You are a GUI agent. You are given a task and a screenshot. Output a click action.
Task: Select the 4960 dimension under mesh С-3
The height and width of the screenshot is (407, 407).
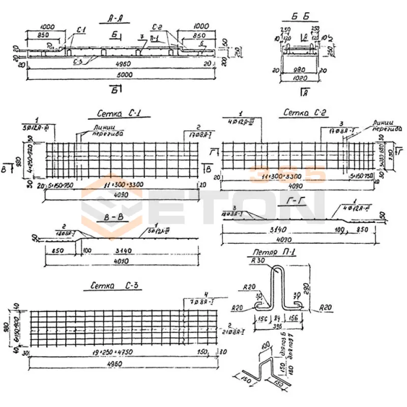click(x=123, y=363)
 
